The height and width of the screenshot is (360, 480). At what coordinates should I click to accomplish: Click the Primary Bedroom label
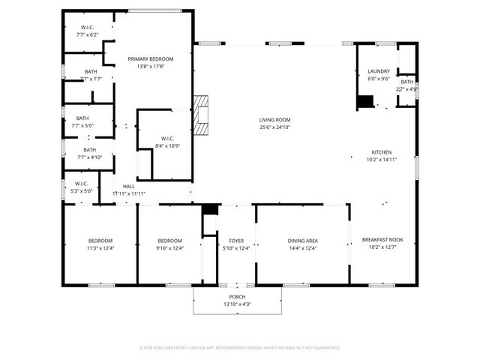tap(150, 59)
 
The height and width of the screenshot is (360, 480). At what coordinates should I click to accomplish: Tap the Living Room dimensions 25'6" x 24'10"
tap(274, 127)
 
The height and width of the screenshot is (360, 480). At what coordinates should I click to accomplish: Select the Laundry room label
tap(379, 71)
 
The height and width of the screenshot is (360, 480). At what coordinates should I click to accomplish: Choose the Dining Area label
tap(302, 240)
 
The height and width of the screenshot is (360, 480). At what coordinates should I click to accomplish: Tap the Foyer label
tap(235, 240)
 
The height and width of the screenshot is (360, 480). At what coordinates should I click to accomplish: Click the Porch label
tap(237, 296)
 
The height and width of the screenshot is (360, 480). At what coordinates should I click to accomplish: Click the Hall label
tap(128, 186)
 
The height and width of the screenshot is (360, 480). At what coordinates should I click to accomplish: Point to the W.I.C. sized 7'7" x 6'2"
tap(87, 28)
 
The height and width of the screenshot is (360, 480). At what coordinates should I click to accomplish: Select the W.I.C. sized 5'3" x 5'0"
tap(81, 183)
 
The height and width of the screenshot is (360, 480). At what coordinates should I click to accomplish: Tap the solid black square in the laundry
tap(364, 101)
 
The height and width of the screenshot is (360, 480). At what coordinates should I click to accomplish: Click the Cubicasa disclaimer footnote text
tap(240, 347)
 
